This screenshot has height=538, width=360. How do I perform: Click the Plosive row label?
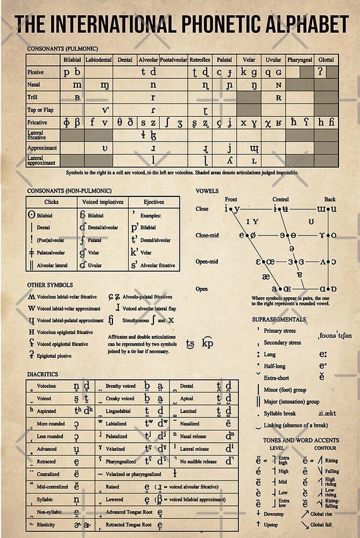(x=35, y=73)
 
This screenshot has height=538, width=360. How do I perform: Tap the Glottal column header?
(x=326, y=60)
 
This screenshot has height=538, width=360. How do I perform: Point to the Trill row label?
(x=32, y=97)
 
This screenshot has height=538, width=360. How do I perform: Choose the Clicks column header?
(x=51, y=202)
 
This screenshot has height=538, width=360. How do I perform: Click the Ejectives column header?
(x=153, y=202)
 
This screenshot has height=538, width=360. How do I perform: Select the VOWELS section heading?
(x=207, y=191)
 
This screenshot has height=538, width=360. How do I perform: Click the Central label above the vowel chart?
(x=280, y=200)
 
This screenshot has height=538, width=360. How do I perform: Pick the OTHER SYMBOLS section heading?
(x=50, y=285)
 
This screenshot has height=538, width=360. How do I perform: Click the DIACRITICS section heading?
(x=44, y=374)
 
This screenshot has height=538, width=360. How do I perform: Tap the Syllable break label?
(x=282, y=413)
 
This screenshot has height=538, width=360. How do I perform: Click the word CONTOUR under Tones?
(x=325, y=448)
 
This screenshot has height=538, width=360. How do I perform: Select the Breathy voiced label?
(x=120, y=386)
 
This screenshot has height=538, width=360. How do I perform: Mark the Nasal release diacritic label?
(x=195, y=436)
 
